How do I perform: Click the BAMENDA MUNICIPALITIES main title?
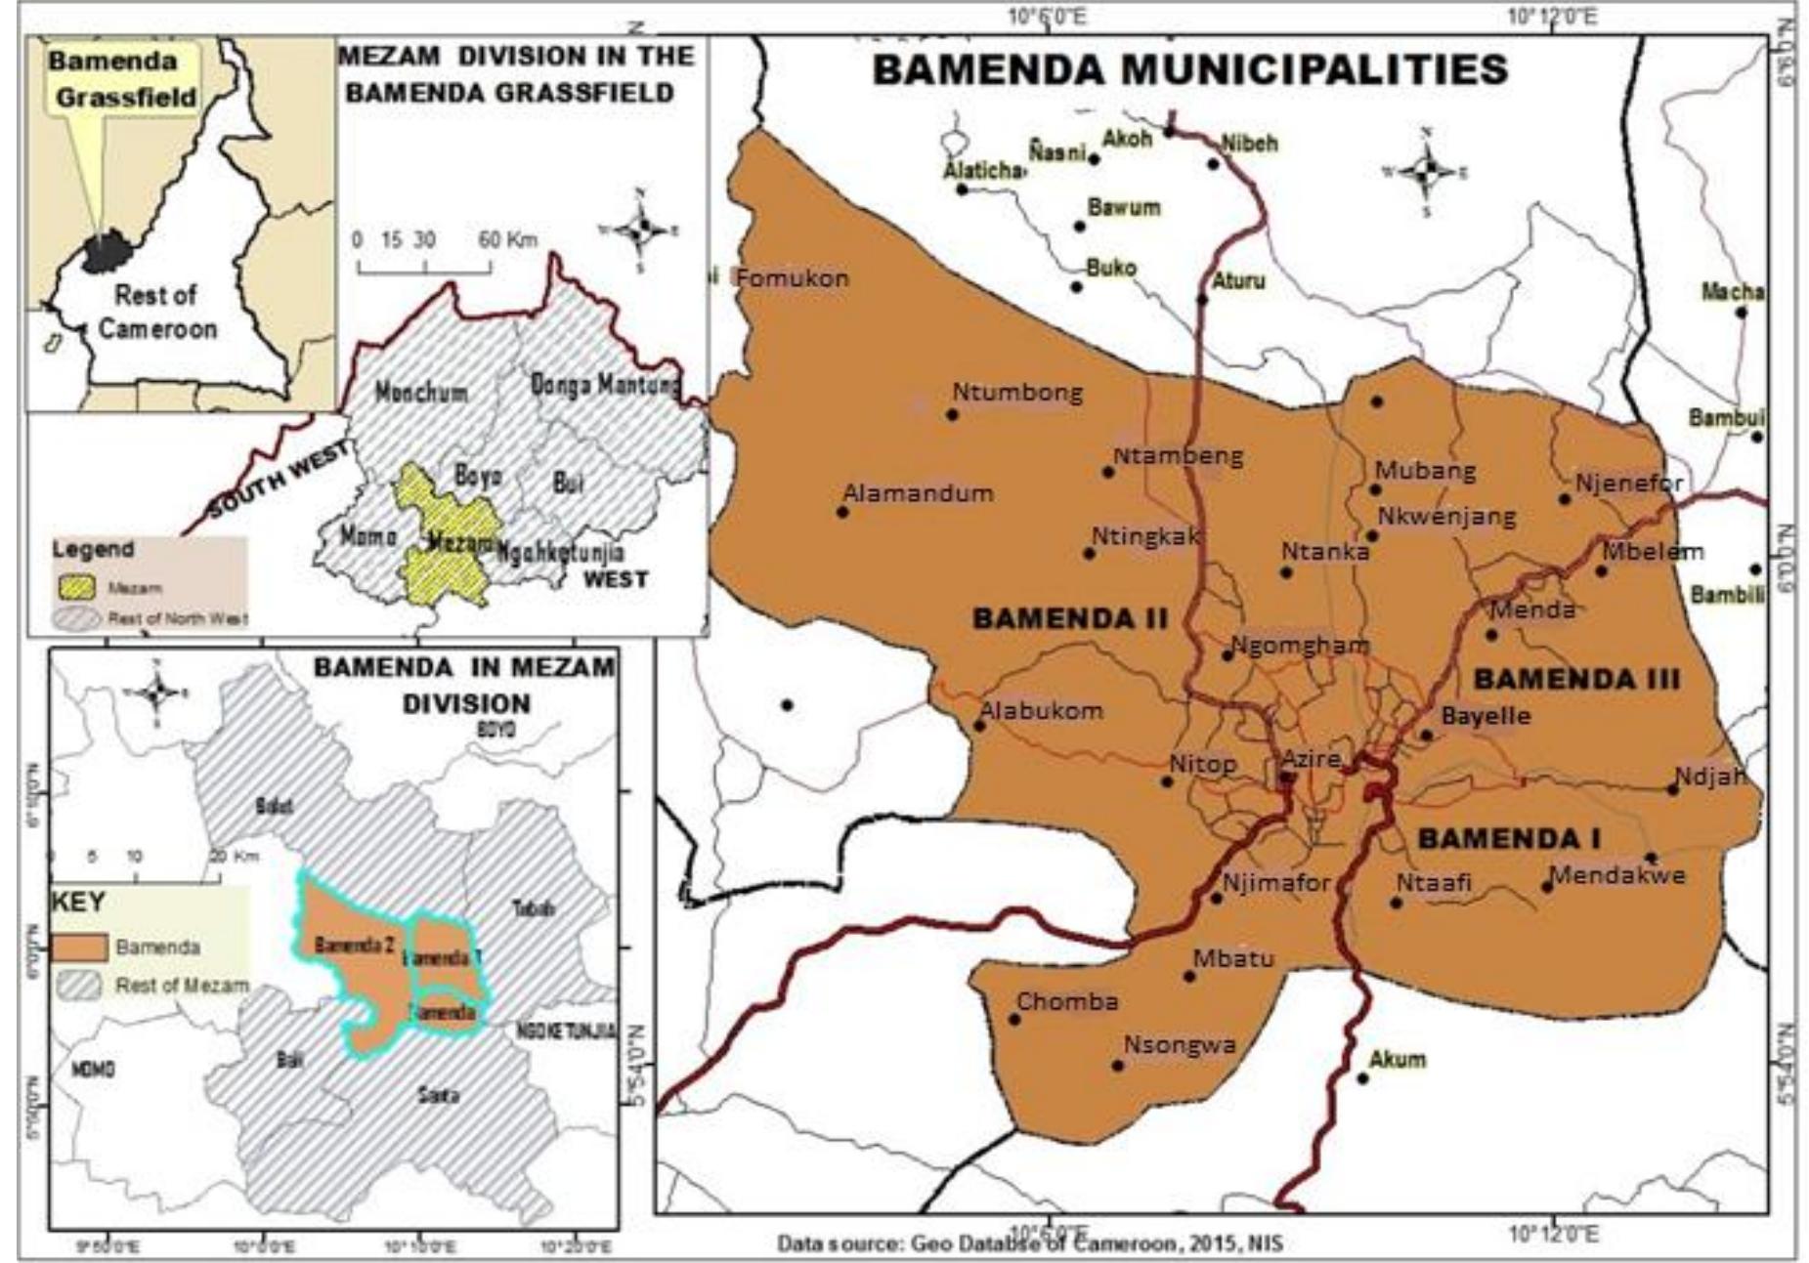pyautogui.click(x=1189, y=70)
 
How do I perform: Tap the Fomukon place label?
pyautogui.click(x=792, y=278)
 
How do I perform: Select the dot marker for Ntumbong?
pyautogui.click(x=952, y=415)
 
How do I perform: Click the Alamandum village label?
pyautogui.click(x=918, y=493)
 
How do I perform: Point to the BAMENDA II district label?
pyautogui.click(x=1070, y=618)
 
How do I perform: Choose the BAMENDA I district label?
pyautogui.click(x=1509, y=838)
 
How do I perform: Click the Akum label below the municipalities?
pyautogui.click(x=1397, y=1059)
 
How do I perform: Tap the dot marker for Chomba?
pyautogui.click(x=1014, y=1020)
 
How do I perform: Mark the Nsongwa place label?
pyautogui.click(x=1179, y=1045)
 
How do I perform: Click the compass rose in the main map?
pyautogui.click(x=1426, y=171)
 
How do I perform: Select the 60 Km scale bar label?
pyautogui.click(x=507, y=240)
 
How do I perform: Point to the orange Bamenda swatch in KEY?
pyautogui.click(x=78, y=947)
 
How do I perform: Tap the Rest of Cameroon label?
pyautogui.click(x=156, y=312)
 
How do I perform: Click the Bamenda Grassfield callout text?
pyautogui.click(x=124, y=79)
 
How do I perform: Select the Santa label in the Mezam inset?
pyautogui.click(x=438, y=1095)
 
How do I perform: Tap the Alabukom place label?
pyautogui.click(x=1041, y=711)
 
